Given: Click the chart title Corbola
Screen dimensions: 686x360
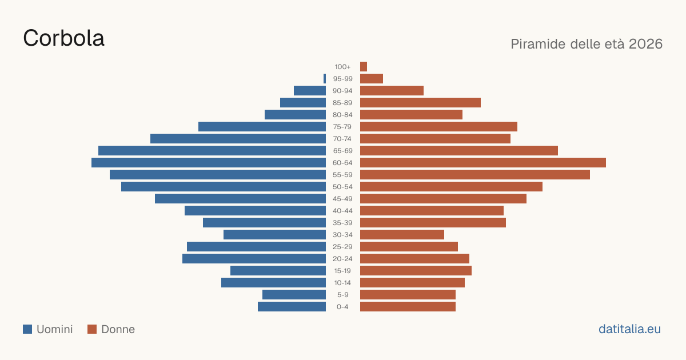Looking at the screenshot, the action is click(63, 38).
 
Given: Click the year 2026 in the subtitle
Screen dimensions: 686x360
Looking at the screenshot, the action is click(645, 44).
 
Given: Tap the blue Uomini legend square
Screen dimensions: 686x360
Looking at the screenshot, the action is click(27, 329).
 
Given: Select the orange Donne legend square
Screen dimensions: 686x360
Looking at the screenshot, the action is click(92, 329).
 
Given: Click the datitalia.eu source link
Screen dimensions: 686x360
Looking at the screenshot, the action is click(629, 329).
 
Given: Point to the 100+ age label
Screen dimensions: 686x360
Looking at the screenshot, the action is click(342, 67).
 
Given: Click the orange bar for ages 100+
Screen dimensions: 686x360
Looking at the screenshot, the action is click(364, 66).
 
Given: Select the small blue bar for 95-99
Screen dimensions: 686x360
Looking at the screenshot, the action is click(325, 79).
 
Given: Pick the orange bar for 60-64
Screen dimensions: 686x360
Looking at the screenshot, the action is click(483, 162).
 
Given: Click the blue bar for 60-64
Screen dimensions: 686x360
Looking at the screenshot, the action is click(209, 162).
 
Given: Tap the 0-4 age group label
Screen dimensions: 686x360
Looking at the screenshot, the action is click(342, 307).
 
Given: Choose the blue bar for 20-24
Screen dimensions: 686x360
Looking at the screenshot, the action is click(254, 259).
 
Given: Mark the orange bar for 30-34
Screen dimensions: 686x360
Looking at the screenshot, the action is click(402, 235).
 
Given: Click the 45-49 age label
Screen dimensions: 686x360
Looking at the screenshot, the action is click(342, 199).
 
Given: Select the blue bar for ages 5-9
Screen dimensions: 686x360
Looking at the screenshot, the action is click(294, 294).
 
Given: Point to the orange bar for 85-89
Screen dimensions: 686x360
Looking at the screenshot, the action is click(421, 102).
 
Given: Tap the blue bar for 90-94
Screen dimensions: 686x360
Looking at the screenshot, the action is click(310, 91).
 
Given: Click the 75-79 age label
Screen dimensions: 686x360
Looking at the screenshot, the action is click(342, 127).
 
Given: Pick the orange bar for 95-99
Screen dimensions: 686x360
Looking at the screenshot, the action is click(372, 79).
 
